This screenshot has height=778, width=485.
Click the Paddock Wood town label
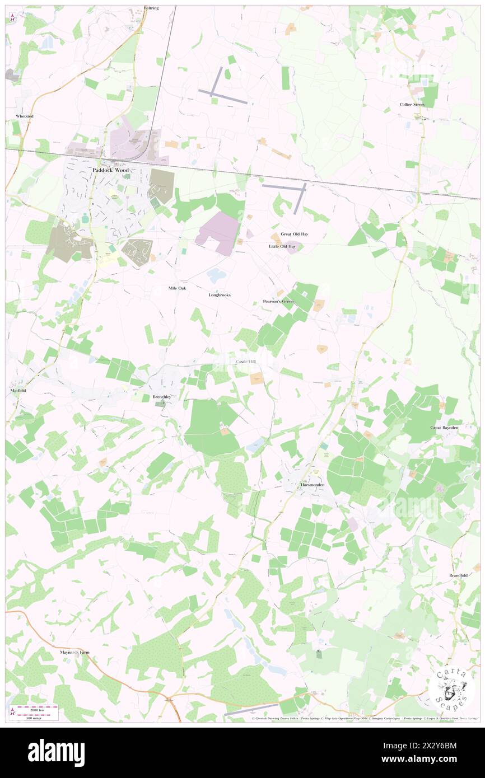110,170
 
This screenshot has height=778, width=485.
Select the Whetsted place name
25,116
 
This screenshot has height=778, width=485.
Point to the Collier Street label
412,105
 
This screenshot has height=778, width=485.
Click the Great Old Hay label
295,234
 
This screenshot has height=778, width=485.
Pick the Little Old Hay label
282,246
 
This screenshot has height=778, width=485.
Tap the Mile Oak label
177,288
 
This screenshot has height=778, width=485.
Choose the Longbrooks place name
220,294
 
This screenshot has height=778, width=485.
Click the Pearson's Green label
278,302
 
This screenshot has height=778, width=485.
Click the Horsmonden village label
313,485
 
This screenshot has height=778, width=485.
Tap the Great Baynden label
444,428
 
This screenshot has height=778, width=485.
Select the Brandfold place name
458,575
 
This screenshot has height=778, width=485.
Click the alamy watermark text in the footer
56,752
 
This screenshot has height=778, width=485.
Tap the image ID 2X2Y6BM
441,746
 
